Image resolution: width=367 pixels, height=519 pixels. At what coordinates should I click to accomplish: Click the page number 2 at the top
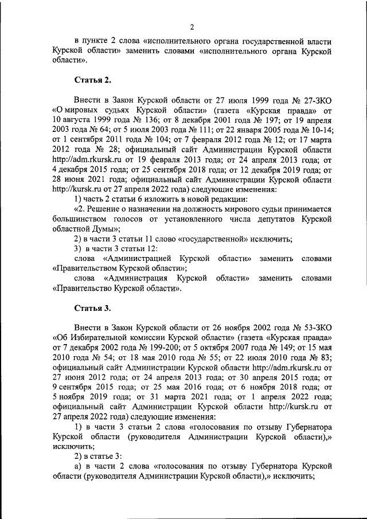192,27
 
